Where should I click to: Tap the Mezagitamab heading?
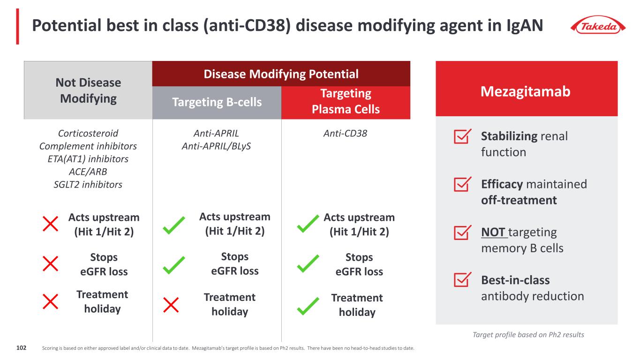coord(526,91)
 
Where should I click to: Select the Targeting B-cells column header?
coord(217,102)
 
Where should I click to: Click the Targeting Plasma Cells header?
coord(346,102)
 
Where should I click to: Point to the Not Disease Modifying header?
coord(88,90)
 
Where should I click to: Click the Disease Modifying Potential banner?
coord(281,74)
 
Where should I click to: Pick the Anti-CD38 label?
coord(346,134)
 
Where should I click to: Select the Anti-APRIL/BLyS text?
coord(216,146)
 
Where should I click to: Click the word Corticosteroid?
coord(88,134)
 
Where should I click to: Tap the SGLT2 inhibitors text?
coord(88,185)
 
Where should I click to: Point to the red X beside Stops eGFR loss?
coord(50,264)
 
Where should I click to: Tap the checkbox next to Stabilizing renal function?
coord(463,137)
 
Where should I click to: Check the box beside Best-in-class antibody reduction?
coord(463,280)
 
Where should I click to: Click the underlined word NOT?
coord(492,232)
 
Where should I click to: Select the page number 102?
coord(21,348)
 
